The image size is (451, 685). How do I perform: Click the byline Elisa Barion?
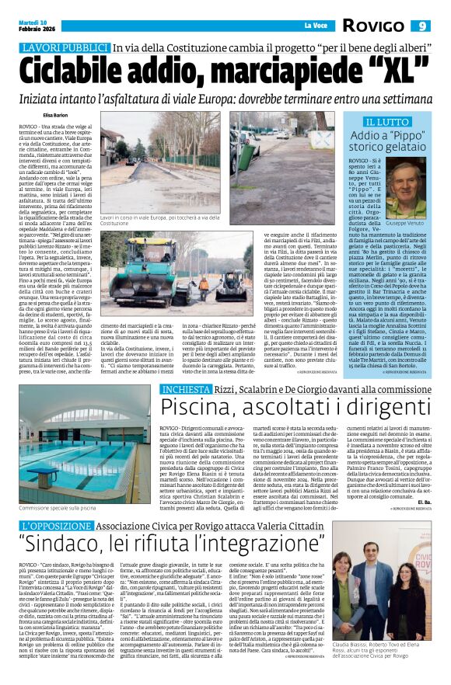[x=34, y=114]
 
